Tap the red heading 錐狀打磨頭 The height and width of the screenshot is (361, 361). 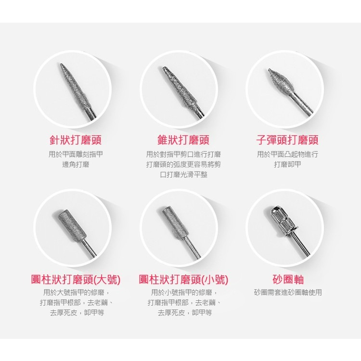pyautogui.click(x=183, y=140)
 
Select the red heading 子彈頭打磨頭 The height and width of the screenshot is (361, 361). pyautogui.click(x=287, y=140)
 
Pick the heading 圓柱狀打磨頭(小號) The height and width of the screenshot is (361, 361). pyautogui.click(x=183, y=280)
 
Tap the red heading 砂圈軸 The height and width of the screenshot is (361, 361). pyautogui.click(x=288, y=280)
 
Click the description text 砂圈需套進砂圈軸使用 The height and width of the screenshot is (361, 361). pyautogui.click(x=288, y=292)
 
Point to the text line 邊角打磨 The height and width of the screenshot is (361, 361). pyautogui.click(x=76, y=164)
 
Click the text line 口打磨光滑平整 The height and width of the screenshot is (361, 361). pyautogui.click(x=183, y=175)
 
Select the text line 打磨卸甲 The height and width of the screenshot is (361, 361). pyautogui.click(x=287, y=164)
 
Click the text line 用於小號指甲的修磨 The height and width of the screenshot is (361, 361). pyautogui.click(x=183, y=292)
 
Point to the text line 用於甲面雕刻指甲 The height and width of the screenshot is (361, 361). pyautogui.click(x=76, y=154)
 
